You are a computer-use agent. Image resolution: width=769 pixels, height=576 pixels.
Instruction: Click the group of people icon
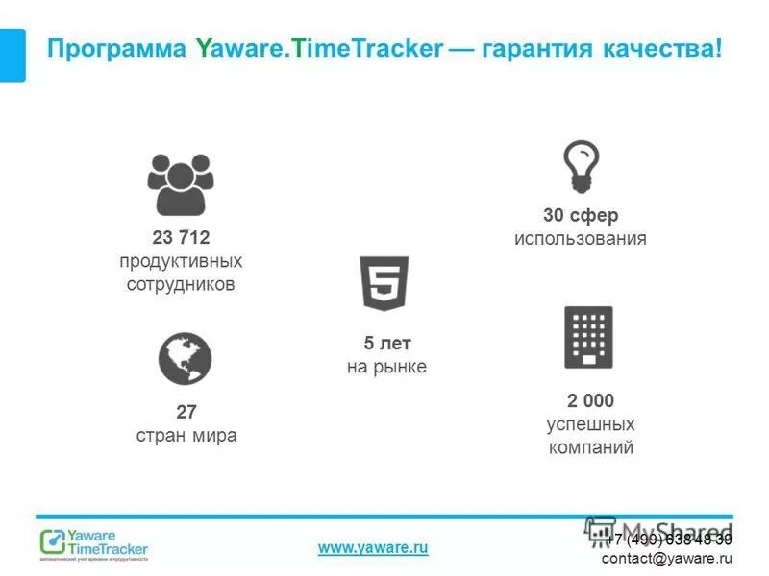(x=181, y=184)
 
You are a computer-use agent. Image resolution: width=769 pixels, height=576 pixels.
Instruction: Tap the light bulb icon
(x=581, y=166)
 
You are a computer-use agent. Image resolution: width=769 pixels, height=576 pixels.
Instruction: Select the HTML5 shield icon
(x=385, y=283)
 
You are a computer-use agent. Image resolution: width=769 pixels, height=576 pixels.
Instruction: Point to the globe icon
(x=185, y=359)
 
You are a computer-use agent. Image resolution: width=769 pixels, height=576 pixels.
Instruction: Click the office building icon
(x=588, y=337)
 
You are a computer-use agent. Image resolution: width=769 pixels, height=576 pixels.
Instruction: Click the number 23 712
(x=181, y=238)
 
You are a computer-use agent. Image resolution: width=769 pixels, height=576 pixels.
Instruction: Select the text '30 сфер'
(x=581, y=216)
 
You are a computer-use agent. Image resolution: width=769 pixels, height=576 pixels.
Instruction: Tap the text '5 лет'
(x=386, y=344)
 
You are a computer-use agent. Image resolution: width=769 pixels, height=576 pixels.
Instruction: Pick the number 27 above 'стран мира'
(x=186, y=412)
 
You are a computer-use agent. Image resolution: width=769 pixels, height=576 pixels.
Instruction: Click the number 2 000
(x=590, y=400)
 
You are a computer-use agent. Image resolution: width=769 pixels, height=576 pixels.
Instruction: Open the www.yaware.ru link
(x=373, y=547)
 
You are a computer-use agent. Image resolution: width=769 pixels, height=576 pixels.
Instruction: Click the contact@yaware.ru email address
(x=666, y=558)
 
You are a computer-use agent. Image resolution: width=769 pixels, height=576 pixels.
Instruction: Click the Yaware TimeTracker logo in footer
(x=94, y=543)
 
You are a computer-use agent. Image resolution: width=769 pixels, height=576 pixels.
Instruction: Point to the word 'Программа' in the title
(x=116, y=48)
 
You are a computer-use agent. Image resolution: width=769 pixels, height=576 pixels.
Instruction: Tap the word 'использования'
(x=580, y=239)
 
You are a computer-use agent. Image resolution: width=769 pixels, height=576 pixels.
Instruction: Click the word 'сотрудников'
(x=181, y=284)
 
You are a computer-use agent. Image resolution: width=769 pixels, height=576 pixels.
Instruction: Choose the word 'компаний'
(x=590, y=446)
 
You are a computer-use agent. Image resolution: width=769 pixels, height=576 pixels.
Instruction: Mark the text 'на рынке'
(x=386, y=367)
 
